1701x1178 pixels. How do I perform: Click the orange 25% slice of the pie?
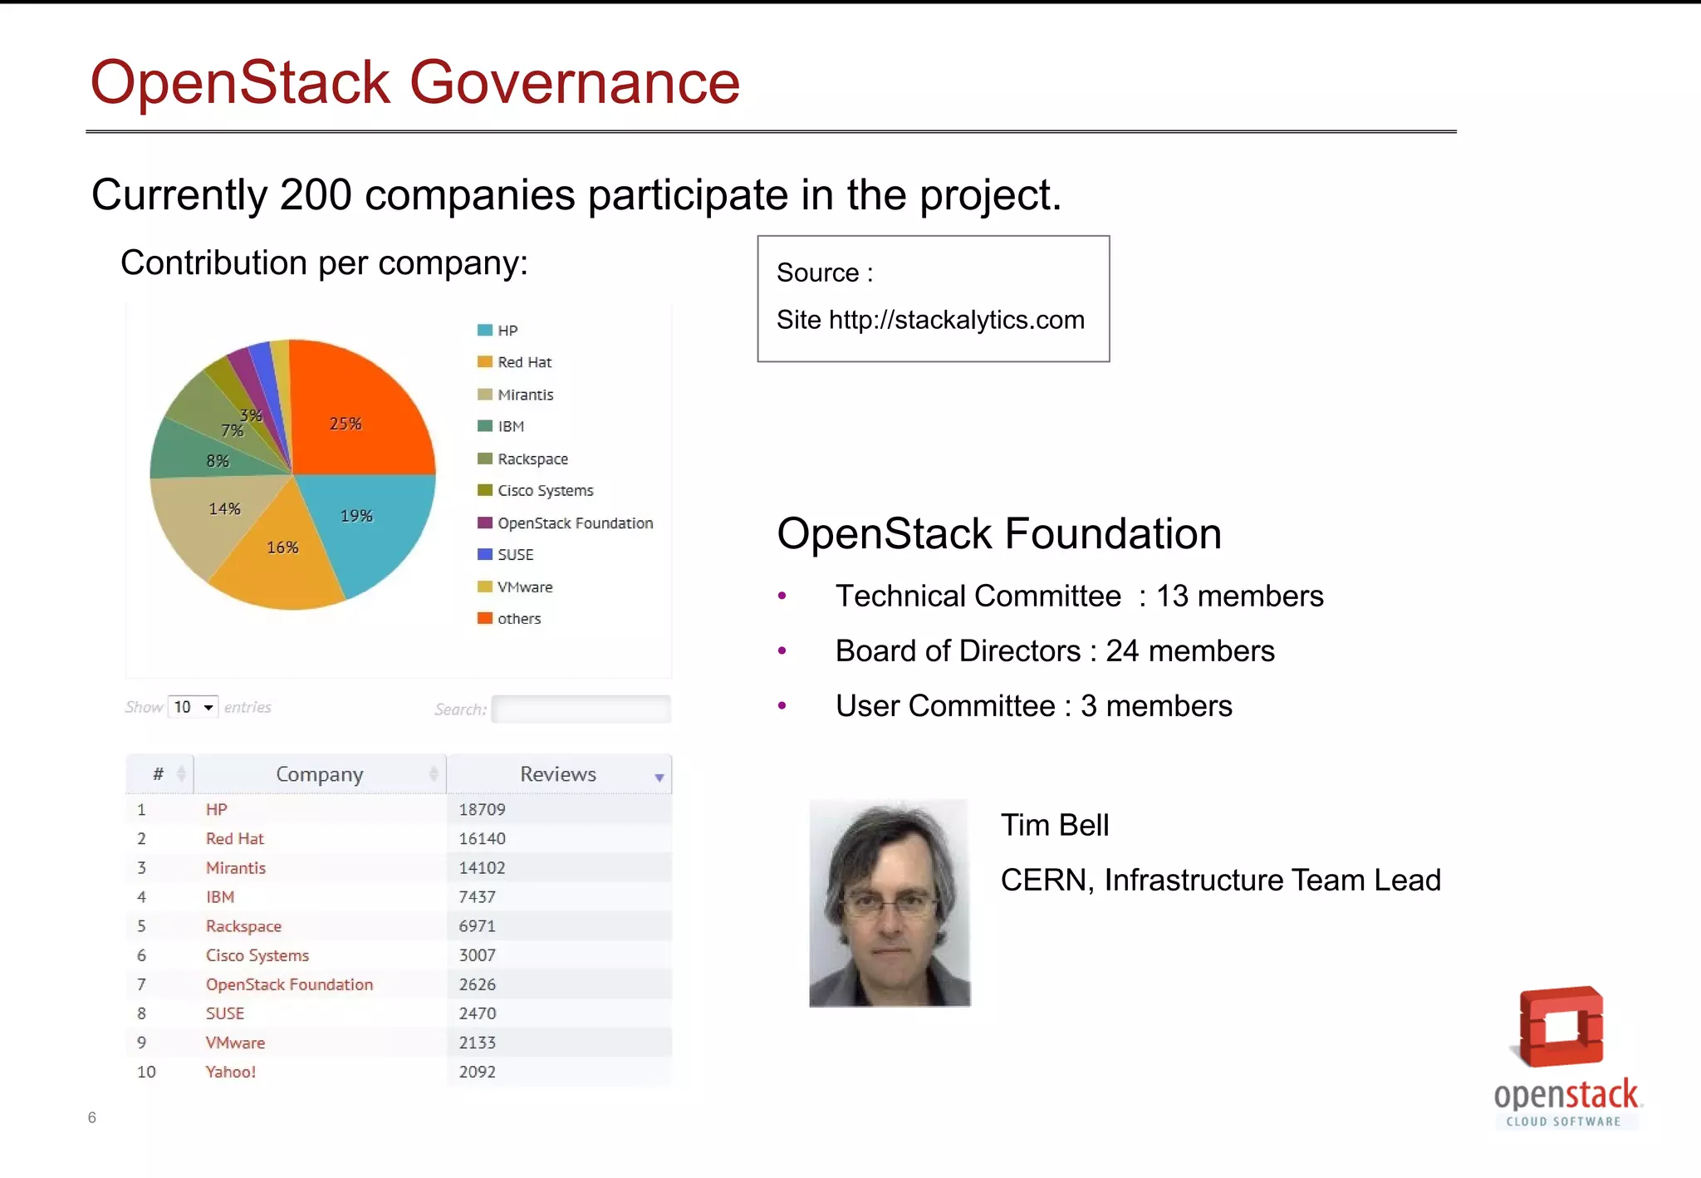357,415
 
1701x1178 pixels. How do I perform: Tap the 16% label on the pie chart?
282,547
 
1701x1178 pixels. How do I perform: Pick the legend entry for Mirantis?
525,395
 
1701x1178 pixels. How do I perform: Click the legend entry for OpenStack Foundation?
575,523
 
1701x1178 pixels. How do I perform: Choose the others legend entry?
518,619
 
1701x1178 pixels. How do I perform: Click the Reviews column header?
558,774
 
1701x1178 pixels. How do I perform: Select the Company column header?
319,774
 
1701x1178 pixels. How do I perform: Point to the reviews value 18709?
482,810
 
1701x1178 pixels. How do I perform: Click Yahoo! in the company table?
231,1072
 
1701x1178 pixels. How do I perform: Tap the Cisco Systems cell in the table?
257,955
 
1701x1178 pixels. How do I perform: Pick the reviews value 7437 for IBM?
477,897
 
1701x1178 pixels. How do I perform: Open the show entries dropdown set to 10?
193,707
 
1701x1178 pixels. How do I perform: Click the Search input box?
581,709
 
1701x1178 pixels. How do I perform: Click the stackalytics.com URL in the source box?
956,320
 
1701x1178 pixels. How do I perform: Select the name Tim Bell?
1054,825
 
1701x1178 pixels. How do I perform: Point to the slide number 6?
92,1117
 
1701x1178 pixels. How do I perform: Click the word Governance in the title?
574,83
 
